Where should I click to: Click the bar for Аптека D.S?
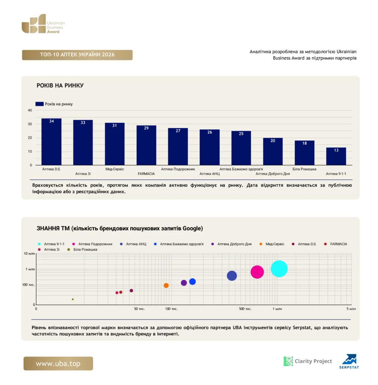52,142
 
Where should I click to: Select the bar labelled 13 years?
336,156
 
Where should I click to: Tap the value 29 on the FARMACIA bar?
146,128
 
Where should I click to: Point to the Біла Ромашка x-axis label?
304,169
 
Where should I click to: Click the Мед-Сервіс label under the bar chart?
114,169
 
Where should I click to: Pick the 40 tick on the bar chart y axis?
30,110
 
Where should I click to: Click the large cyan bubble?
279,268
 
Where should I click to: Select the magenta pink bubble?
257,272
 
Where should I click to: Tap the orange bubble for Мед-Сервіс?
166,285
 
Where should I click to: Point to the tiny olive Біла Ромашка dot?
73,299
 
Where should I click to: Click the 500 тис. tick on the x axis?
245,309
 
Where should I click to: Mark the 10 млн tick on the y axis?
29,253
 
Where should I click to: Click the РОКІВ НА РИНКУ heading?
60,85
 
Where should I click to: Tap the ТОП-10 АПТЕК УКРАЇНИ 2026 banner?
77,55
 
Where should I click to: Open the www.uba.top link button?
58,364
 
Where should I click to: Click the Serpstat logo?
349,361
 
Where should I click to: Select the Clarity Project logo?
308,361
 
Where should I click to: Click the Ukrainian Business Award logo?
43,24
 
